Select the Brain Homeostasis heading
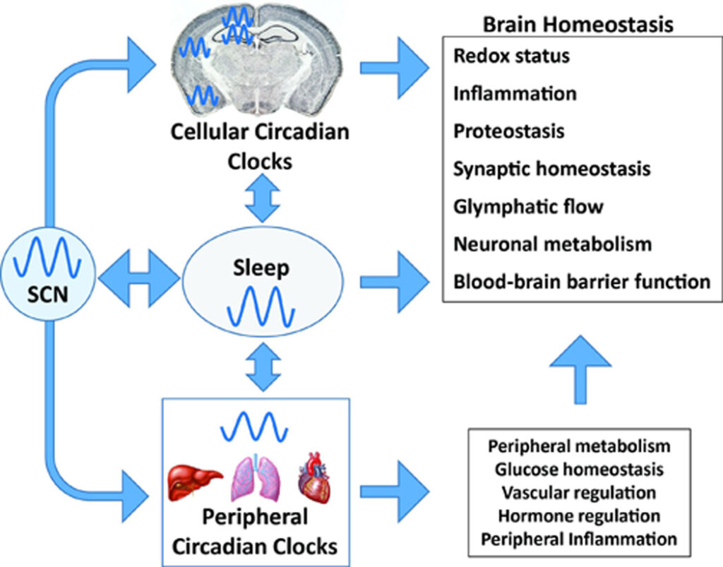pos(578,24)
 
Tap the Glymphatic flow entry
pos(529,207)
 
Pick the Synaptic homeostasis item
pos(552,169)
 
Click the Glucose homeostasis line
pos(579,469)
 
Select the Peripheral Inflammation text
pos(579,539)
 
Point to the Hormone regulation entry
pos(579,515)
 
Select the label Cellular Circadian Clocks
pos(259,146)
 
